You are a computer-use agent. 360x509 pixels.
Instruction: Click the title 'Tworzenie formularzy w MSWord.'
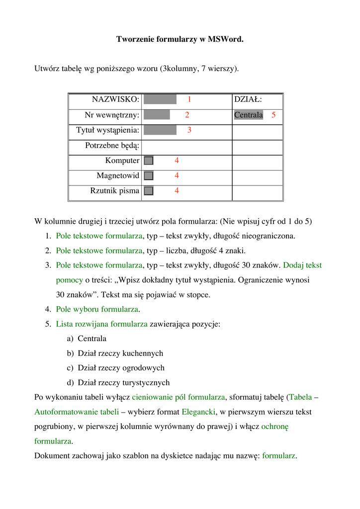point(180,39)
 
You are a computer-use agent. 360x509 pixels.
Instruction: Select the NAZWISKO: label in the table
point(115,100)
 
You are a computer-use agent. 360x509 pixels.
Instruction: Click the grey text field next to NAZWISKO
point(160,100)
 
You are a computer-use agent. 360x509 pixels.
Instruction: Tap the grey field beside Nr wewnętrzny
point(157,115)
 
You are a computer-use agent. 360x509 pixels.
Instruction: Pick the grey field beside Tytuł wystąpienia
point(160,130)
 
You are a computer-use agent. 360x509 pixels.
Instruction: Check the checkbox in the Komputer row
point(149,161)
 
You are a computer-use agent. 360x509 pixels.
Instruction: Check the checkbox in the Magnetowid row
point(149,175)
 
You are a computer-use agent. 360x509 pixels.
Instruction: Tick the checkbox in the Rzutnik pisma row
point(149,190)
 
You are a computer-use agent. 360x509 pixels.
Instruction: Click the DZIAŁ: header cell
point(248,100)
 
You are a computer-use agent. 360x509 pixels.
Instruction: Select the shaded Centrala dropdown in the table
point(248,115)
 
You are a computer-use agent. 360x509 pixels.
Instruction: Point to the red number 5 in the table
point(273,115)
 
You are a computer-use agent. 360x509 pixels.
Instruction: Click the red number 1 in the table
point(189,100)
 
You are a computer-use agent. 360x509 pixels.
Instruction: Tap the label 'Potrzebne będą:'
point(112,146)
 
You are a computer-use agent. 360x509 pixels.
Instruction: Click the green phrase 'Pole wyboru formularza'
point(96,309)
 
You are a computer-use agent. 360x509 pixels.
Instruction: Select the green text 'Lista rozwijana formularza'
point(101,324)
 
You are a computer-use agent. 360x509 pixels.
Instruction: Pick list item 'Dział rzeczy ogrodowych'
point(121,368)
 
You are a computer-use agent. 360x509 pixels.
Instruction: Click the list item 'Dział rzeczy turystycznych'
point(123,383)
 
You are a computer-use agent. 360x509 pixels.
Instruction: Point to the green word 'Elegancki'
point(198,412)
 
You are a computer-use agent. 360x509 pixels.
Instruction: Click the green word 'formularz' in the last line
point(279,456)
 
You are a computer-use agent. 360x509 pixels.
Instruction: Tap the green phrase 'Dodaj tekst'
point(302,265)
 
